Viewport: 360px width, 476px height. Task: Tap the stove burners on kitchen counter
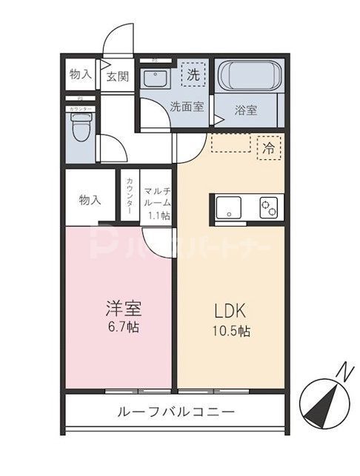[268, 207]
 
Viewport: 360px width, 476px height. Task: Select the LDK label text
[228, 308]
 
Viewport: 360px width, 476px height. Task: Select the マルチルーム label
[158, 195]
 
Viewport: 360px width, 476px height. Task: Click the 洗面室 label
[186, 106]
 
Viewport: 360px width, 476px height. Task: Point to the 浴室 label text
[245, 110]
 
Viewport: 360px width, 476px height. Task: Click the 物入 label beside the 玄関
[80, 75]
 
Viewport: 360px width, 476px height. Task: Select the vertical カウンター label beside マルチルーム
[130, 196]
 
